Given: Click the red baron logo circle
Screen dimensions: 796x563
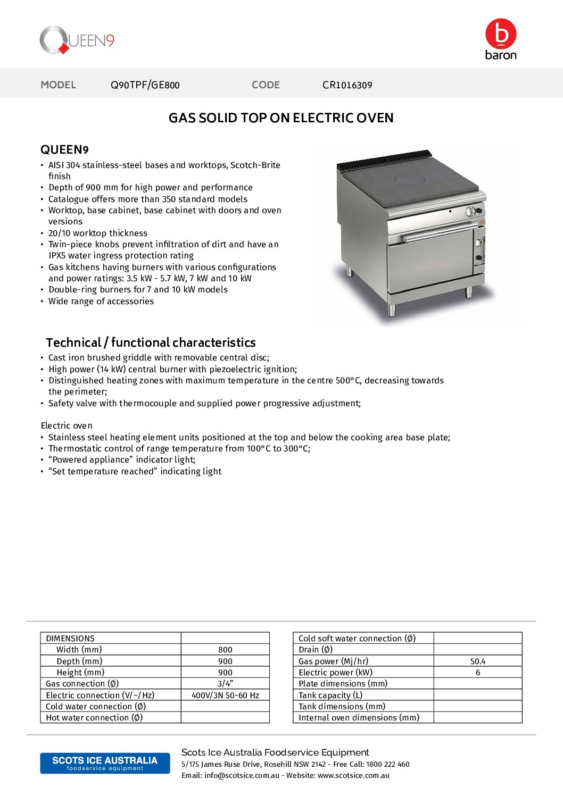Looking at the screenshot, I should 501,34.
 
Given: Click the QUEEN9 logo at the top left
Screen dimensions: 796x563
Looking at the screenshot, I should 77,40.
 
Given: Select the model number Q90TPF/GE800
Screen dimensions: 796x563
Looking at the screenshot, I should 145,85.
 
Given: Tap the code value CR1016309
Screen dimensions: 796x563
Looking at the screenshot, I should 347,85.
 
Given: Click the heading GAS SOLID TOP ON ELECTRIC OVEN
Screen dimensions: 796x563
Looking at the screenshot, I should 281,118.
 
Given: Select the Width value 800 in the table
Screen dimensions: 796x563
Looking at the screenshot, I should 225,650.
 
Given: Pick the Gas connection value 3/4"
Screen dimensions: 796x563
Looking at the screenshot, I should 225,684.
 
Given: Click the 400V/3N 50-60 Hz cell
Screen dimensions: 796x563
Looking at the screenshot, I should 225,696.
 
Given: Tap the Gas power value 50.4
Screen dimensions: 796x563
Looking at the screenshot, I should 477,661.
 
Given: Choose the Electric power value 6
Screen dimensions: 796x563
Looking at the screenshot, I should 477,673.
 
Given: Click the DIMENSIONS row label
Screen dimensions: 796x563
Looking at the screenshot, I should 70,639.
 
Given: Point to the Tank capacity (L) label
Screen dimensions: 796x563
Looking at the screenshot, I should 330,696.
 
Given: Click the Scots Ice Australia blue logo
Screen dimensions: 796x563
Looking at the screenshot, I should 105,763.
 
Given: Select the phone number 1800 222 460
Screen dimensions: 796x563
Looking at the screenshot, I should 387,765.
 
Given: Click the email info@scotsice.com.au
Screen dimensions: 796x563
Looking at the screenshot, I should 242,776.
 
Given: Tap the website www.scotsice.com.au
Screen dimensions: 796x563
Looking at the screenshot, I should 353,776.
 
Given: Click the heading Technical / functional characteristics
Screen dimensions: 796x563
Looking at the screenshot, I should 151,342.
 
